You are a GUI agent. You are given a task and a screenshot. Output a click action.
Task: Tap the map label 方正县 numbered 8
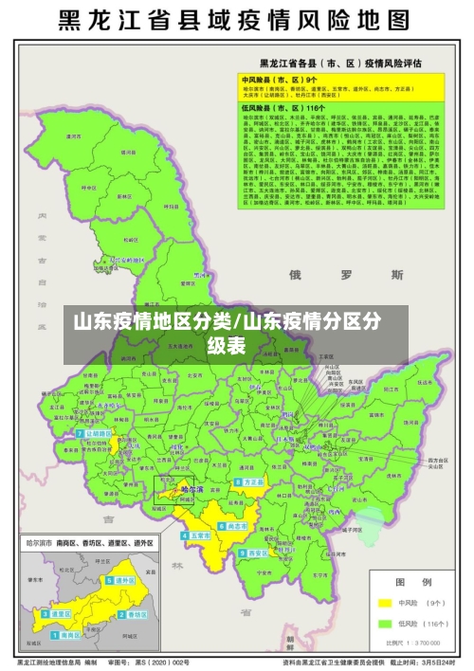251,481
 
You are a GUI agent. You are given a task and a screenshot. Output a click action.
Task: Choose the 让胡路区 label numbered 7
97,433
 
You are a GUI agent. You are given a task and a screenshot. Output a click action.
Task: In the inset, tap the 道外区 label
124,580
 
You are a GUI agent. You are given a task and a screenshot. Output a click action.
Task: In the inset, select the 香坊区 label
137,613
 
